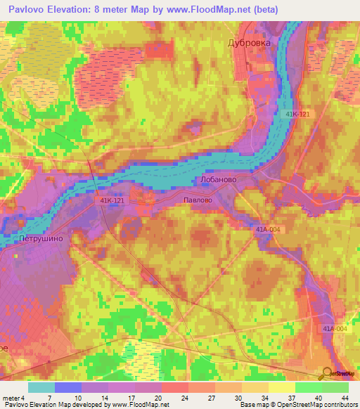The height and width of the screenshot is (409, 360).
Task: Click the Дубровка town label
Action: click(x=249, y=43)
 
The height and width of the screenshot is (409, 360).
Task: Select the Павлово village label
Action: click(x=197, y=200)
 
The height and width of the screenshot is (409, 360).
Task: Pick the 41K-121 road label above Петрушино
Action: click(x=111, y=201)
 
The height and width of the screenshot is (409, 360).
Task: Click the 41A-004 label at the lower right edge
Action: click(x=335, y=329)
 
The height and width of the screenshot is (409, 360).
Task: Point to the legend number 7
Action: click(x=49, y=398)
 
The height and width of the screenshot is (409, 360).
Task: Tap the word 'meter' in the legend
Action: click(x=12, y=398)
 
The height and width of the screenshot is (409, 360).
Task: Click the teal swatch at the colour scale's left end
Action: click(x=41, y=387)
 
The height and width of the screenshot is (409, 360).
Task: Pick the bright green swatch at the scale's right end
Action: click(x=335, y=387)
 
